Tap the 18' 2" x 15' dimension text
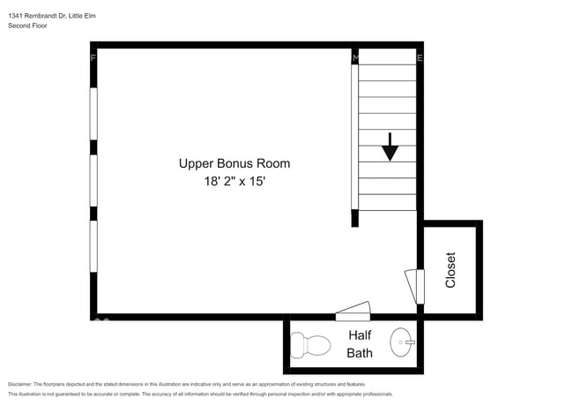click(234, 182)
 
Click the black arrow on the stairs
click(390, 147)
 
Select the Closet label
click(450, 270)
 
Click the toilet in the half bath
click(309, 343)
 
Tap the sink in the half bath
click(403, 339)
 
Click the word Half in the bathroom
click(360, 335)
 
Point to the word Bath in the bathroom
click(360, 353)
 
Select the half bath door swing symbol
click(354, 311)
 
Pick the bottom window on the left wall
click(93, 246)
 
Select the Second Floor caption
click(27, 26)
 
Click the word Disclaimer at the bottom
click(19, 384)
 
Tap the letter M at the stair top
click(355, 58)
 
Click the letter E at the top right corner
click(420, 58)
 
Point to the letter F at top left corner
click(93, 58)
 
